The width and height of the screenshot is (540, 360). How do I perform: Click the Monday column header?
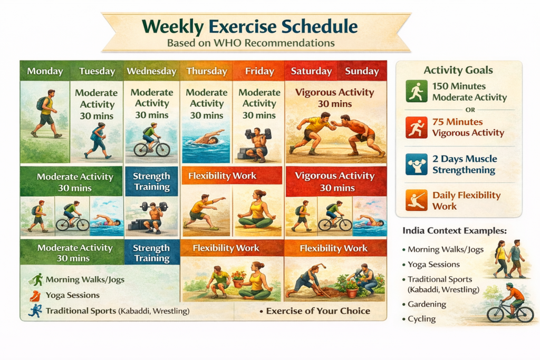(45, 71)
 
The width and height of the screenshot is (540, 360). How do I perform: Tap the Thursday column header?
(206, 71)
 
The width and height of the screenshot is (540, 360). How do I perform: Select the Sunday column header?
(362, 71)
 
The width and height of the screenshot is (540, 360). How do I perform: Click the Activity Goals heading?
(458, 70)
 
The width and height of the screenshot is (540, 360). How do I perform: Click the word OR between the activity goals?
(458, 110)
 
